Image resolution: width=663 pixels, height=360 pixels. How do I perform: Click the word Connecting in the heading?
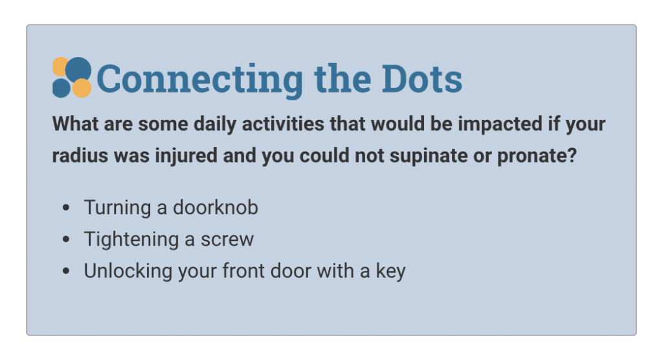click(199, 80)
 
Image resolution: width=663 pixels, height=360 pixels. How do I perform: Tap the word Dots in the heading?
click(422, 79)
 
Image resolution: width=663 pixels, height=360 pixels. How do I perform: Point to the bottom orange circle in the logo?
click(82, 88)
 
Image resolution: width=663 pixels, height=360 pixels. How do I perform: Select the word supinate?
click(428, 156)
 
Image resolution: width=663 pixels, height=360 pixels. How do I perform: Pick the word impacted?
click(500, 124)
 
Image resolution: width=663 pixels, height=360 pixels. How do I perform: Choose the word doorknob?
click(215, 207)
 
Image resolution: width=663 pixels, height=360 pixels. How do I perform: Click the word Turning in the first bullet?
click(117, 208)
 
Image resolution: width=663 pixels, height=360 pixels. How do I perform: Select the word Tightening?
click(131, 240)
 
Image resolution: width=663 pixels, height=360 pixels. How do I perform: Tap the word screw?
click(227, 240)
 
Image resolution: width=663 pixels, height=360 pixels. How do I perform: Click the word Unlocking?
click(128, 271)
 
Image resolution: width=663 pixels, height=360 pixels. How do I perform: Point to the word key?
click(390, 271)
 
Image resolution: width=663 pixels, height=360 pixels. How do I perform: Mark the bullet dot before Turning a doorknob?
click(65, 207)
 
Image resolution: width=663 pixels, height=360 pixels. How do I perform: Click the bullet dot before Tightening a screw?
click(65, 239)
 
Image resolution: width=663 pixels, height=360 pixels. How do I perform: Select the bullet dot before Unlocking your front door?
click(65, 271)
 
